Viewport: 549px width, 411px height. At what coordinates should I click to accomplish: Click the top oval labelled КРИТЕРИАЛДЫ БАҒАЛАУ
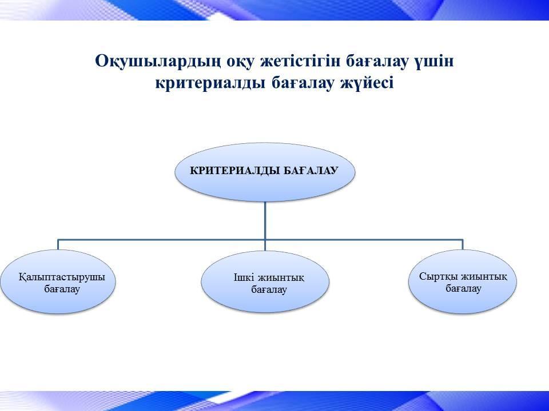(x=265, y=172)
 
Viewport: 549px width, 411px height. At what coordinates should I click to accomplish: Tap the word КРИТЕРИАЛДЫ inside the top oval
(x=234, y=171)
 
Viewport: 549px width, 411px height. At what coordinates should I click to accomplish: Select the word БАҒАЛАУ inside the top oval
(x=311, y=171)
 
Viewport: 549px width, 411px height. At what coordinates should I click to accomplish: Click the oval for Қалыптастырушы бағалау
(x=58, y=281)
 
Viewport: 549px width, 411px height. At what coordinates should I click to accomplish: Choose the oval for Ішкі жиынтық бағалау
(x=265, y=281)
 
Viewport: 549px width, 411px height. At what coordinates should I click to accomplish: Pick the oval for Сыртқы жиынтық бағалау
(x=463, y=281)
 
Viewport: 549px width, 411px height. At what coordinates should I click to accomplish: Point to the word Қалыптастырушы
(x=62, y=277)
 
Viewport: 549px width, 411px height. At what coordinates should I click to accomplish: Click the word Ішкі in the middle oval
(x=244, y=277)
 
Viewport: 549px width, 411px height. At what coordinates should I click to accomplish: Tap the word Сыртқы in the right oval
(x=438, y=277)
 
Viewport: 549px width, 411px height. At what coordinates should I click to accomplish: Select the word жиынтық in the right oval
(x=484, y=277)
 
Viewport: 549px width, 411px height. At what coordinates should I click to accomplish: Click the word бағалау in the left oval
(x=62, y=289)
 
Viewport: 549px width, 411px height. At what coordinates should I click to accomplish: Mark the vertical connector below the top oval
(x=265, y=226)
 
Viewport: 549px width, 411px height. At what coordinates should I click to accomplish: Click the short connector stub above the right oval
(x=463, y=245)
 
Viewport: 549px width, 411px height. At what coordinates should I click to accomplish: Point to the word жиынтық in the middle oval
(x=281, y=277)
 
